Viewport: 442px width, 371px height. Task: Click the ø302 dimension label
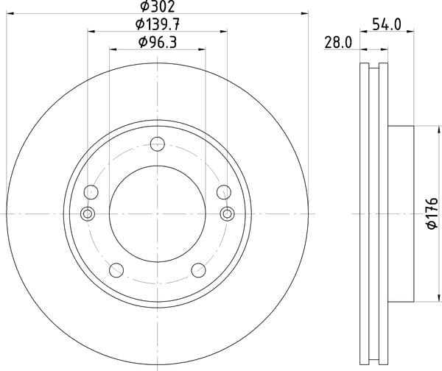[158, 6]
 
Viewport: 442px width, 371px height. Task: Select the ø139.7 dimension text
[158, 24]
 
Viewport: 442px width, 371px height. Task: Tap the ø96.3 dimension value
[158, 43]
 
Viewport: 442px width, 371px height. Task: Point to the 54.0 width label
[387, 24]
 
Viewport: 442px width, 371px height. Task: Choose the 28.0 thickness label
[338, 43]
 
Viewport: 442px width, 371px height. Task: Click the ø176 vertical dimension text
[432, 213]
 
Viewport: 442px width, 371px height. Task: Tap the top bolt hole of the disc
[158, 144]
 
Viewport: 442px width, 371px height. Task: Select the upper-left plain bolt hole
[91, 192]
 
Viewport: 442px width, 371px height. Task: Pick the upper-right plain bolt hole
[224, 192]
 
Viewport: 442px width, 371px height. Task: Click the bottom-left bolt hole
[116, 270]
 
